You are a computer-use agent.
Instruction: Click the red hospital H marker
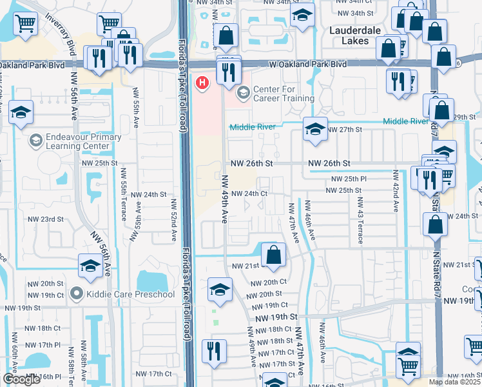tap(203, 83)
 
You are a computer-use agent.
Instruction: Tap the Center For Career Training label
tap(284, 94)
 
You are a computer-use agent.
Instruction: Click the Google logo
tap(21, 379)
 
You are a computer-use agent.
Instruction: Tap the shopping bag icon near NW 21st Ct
tap(274, 254)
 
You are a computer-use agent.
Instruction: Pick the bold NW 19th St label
tap(275, 318)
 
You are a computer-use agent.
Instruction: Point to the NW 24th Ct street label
tap(249, 193)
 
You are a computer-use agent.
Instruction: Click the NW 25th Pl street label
tap(349, 179)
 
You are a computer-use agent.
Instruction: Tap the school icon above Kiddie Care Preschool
tap(90, 265)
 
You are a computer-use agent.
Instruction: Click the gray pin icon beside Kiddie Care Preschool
tap(77, 295)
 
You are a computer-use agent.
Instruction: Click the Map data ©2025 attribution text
tap(455, 382)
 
